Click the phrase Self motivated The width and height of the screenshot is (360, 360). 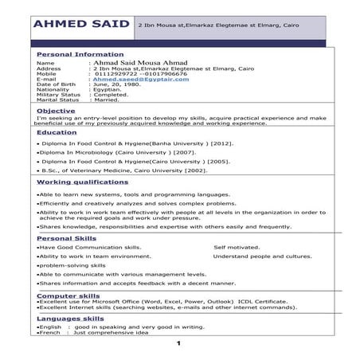[237, 247]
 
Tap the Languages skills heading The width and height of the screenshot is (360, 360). [70, 318]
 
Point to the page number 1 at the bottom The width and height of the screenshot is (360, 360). [179, 343]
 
